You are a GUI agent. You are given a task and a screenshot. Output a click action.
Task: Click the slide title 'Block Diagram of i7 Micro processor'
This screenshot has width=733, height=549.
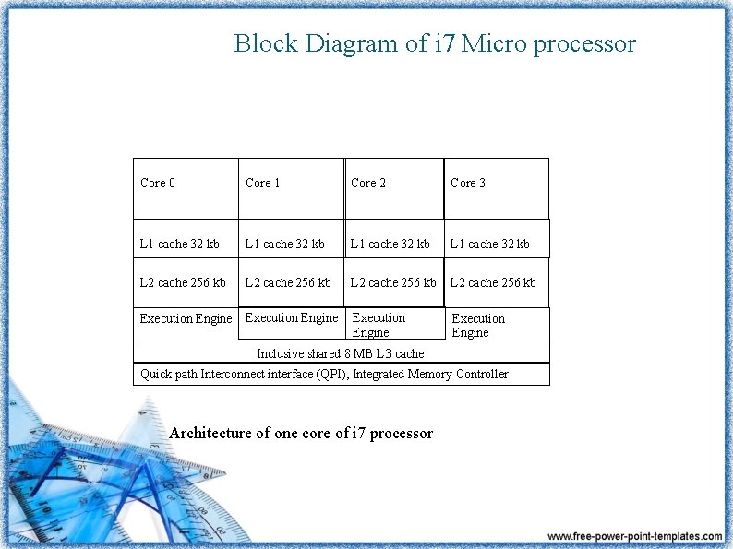point(435,43)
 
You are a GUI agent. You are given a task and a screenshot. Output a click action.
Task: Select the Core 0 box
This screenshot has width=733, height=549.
point(186,187)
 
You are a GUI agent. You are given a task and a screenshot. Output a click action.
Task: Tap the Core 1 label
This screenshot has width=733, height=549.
point(263,183)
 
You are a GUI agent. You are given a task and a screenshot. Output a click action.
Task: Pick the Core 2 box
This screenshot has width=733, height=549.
point(394,187)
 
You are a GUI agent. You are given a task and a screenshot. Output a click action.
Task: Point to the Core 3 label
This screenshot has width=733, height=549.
point(468,183)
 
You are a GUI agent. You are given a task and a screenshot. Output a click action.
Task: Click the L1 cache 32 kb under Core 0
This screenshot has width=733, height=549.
point(180,245)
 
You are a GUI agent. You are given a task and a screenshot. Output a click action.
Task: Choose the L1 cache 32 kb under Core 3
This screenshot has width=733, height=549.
point(490,245)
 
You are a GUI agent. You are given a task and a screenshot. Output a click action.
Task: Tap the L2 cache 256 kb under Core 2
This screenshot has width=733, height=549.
point(393,282)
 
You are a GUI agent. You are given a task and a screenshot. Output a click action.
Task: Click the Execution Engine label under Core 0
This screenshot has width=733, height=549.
point(186,319)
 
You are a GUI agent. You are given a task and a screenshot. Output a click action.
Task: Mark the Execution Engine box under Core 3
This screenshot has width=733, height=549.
point(497,325)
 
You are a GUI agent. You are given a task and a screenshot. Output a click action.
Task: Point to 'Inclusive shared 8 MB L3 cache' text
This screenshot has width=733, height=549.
point(341,353)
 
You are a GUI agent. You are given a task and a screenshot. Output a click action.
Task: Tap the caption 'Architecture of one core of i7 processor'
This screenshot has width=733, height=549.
point(301,433)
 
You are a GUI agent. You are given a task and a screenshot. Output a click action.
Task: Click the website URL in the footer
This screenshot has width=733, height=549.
point(635,536)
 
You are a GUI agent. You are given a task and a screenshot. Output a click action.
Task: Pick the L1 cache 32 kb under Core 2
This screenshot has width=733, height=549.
point(391,245)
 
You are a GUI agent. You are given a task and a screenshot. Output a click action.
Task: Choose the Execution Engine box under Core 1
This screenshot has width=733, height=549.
point(292,318)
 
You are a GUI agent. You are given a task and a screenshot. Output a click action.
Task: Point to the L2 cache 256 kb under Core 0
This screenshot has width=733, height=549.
point(183,282)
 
